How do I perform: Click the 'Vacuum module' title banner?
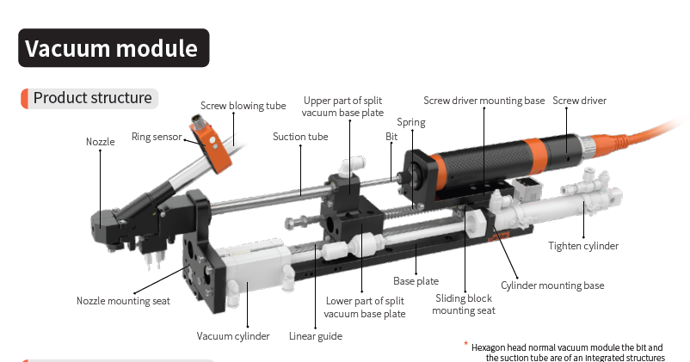pos(113,47)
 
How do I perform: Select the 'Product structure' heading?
pos(92,98)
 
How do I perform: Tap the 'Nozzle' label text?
pos(100,141)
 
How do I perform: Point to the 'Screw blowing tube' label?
pos(243,106)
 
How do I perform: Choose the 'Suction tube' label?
pos(300,136)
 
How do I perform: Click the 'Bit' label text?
pos(391,136)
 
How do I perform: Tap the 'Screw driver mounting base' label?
pos(484,101)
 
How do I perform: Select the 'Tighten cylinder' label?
pos(583,246)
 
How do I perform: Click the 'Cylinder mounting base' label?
pos(552,285)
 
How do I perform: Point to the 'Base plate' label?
pos(416,281)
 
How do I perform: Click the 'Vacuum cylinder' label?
pos(233,336)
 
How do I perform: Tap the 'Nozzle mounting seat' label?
pos(123,301)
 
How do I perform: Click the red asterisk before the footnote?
pos(465,344)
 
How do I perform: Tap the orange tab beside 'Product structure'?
pos(24,98)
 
